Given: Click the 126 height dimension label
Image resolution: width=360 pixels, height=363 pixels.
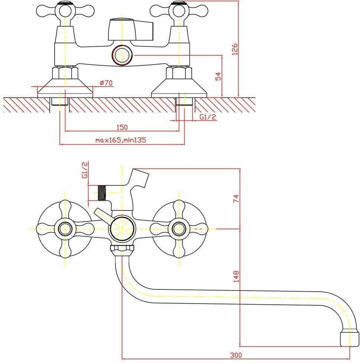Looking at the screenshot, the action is pyautogui.click(x=235, y=49).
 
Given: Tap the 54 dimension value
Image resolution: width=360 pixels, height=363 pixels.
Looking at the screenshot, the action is pyautogui.click(x=218, y=76).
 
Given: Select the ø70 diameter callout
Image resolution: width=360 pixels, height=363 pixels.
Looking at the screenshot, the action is pyautogui.click(x=106, y=82).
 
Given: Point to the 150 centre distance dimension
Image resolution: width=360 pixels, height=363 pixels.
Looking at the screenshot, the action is pyautogui.click(x=122, y=127).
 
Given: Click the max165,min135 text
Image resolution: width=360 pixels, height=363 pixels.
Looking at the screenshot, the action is pyautogui.click(x=121, y=140).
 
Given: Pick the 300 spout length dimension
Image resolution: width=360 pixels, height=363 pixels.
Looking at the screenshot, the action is pyautogui.click(x=236, y=355).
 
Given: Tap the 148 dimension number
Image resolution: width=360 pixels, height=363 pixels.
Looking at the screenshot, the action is pyautogui.click(x=236, y=276).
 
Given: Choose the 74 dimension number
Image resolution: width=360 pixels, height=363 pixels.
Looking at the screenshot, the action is pyautogui.click(x=236, y=199).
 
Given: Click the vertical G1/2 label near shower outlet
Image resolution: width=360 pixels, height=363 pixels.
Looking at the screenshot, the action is pyautogui.click(x=85, y=170).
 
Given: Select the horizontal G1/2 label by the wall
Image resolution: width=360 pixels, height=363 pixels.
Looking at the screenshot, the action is pyautogui.click(x=208, y=117).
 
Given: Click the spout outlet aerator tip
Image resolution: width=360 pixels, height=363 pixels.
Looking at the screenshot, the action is pyautogui.click(x=348, y=339).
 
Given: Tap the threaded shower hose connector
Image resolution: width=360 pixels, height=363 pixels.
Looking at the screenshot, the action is pyautogui.click(x=102, y=193).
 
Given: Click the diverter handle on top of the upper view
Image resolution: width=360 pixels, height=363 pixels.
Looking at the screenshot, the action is pyautogui.click(x=130, y=29).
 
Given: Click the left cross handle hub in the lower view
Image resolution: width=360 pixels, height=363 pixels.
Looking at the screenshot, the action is pyautogui.click(x=65, y=229).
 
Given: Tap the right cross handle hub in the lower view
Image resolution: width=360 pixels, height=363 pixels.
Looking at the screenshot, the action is pyautogui.click(x=179, y=229).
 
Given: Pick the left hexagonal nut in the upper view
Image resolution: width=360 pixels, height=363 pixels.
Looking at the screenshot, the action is pyautogui.click(x=65, y=72).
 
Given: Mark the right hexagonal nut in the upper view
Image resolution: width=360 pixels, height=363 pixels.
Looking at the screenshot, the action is pyautogui.click(x=179, y=72).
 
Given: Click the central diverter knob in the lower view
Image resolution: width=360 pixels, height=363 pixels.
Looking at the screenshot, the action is pyautogui.click(x=122, y=229).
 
